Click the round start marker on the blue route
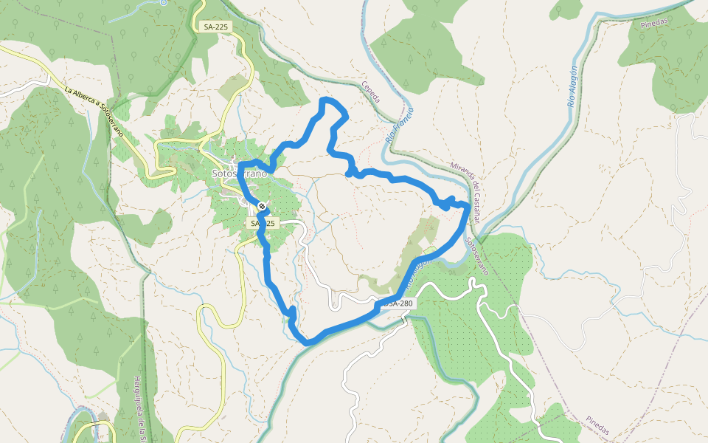pyautogui.click(x=262, y=205)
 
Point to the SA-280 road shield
pyautogui.click(x=398, y=303)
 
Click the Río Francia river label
pyautogui.click(x=400, y=126)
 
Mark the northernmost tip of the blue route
pyautogui.click(x=327, y=99)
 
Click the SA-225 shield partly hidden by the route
pyautogui.click(x=263, y=223)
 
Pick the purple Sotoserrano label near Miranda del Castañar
pyautogui.click(x=477, y=255)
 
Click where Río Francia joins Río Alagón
pyautogui.click(x=478, y=241)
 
